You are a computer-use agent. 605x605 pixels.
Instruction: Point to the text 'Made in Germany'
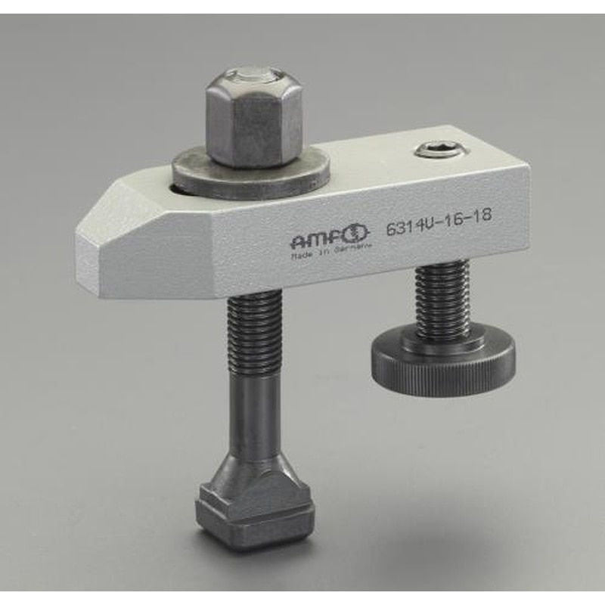326,257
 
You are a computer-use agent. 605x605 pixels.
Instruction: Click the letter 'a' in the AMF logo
301,243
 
